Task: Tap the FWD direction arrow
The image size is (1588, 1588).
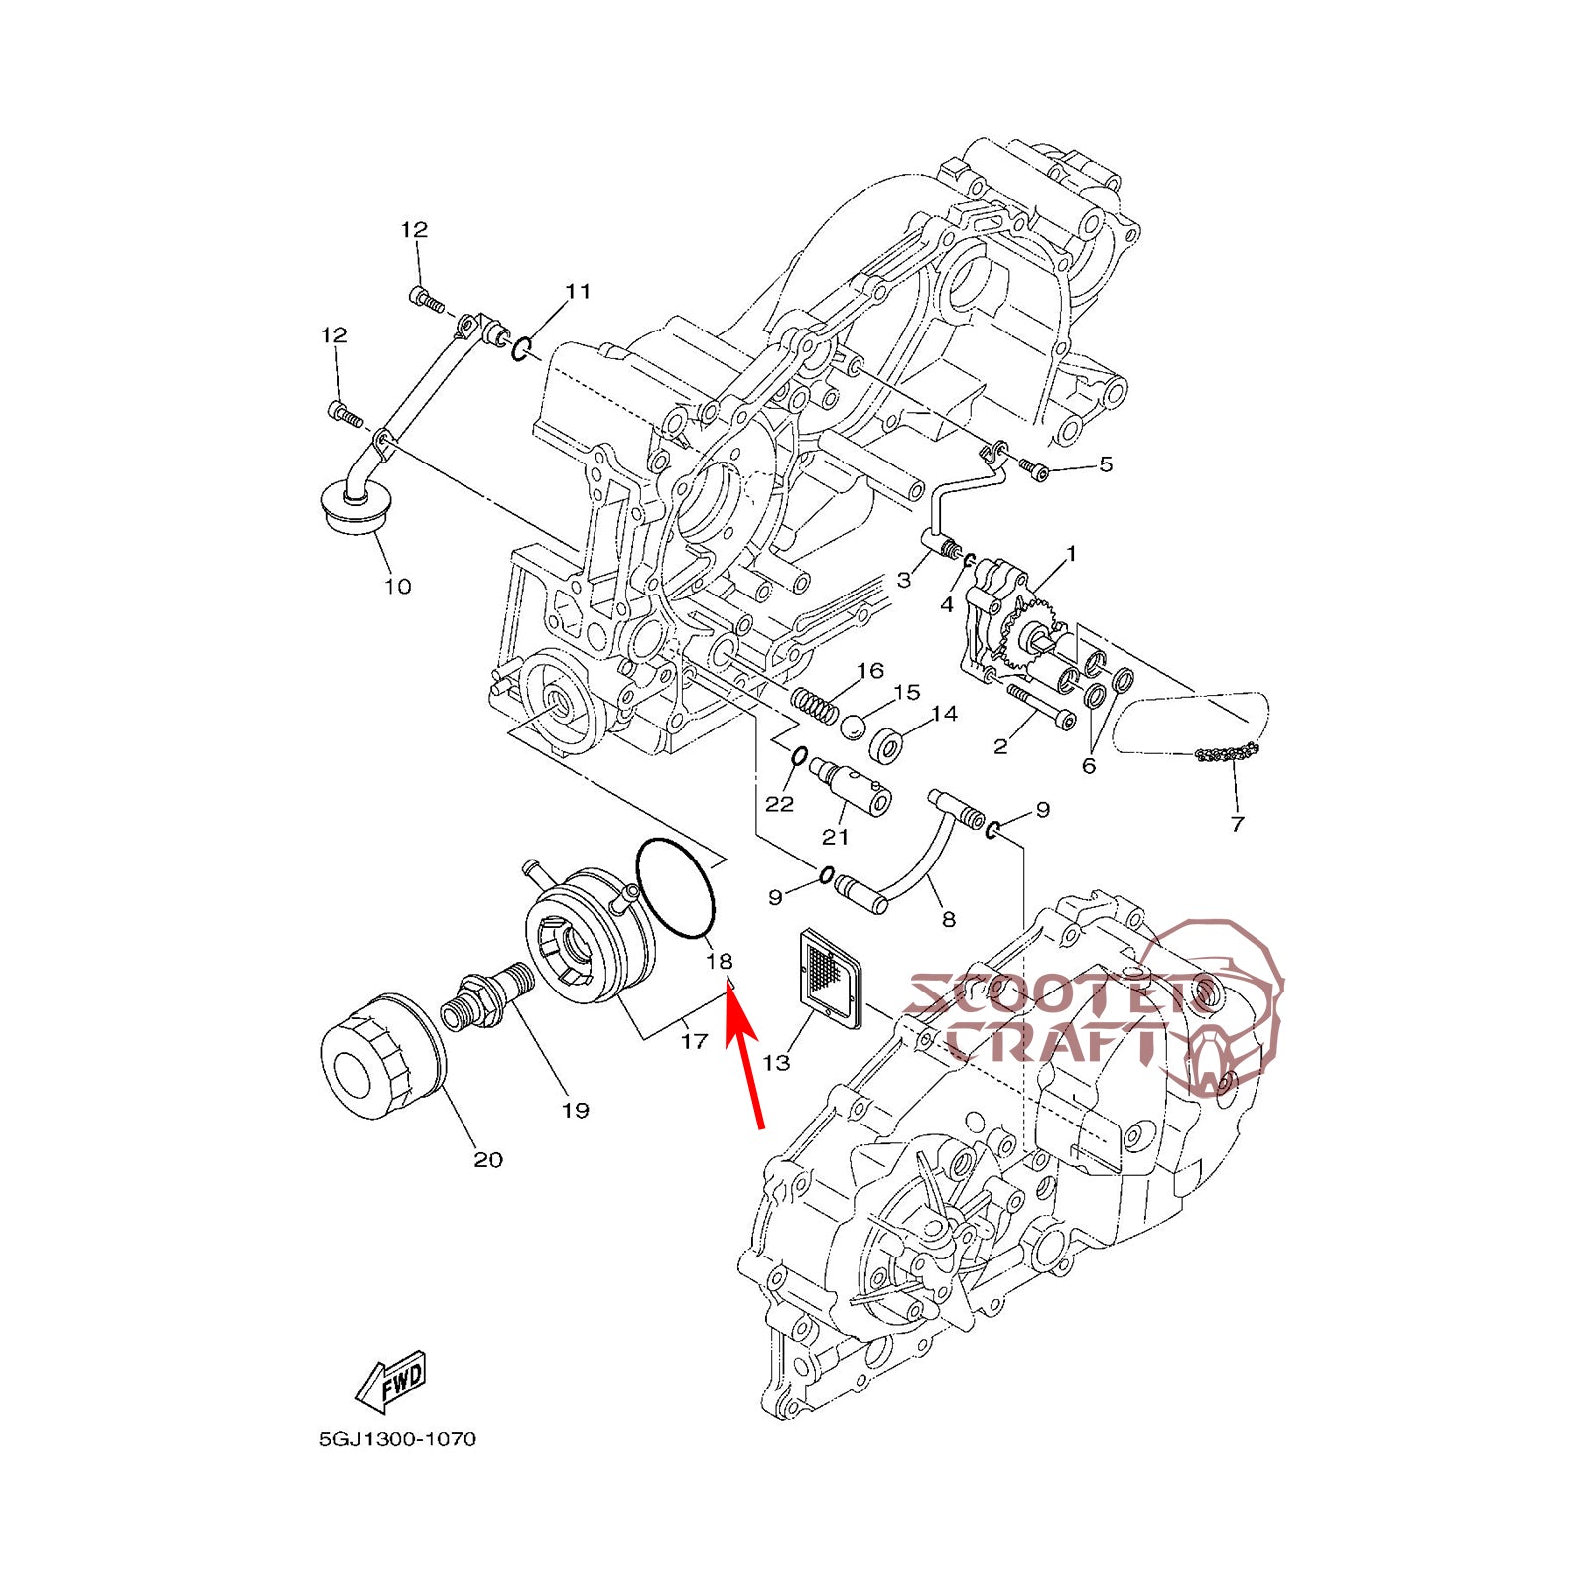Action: click(x=393, y=1381)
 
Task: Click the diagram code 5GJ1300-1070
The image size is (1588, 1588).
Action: click(x=397, y=1439)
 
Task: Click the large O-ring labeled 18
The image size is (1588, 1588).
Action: click(x=676, y=887)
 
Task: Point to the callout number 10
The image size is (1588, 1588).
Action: click(x=397, y=587)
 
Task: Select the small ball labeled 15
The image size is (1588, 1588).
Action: click(x=854, y=728)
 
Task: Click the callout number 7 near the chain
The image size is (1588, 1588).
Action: click(x=1237, y=823)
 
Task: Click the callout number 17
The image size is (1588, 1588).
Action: click(x=694, y=1040)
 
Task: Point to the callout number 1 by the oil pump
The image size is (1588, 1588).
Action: click(x=1071, y=553)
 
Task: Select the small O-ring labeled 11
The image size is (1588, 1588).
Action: click(x=522, y=348)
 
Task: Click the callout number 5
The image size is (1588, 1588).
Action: click(x=1105, y=464)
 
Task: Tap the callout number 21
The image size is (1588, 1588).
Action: click(x=835, y=837)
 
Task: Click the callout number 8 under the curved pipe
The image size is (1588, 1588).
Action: click(x=948, y=919)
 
